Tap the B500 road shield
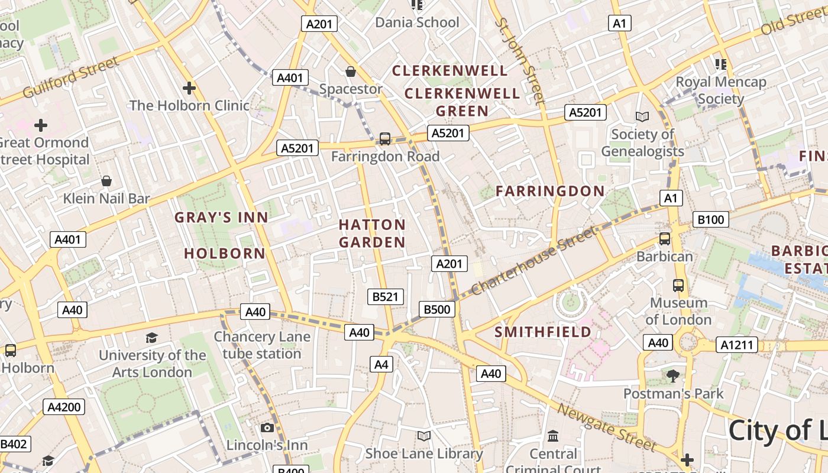point(437,309)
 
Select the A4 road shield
point(381,364)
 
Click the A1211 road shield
point(737,345)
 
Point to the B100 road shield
point(710,220)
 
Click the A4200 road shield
point(64,407)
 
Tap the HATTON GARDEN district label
point(372,234)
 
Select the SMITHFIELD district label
point(542,332)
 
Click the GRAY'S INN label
point(221,218)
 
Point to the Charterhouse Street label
point(533,261)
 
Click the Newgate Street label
point(607,427)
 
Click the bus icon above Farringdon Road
point(385,139)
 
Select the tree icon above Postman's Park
point(672,375)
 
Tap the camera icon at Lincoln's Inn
point(267,427)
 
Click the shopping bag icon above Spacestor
point(351,72)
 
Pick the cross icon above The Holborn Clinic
point(189,88)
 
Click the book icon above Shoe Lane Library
point(423,436)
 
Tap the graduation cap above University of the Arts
point(152,338)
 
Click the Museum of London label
point(678,311)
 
